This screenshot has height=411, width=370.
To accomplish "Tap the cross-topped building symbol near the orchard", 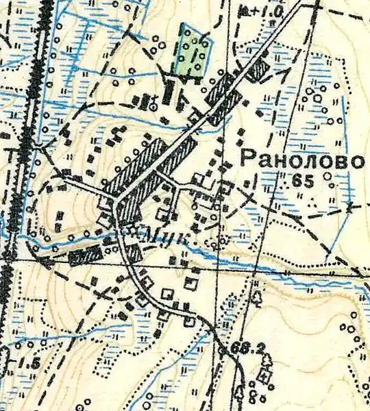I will tap(157, 101).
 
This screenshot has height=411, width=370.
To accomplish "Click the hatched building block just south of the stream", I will tap(85, 256).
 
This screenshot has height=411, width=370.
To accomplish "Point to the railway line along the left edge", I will tap(27, 137).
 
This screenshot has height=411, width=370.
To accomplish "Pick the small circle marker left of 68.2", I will tap(224, 350).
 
